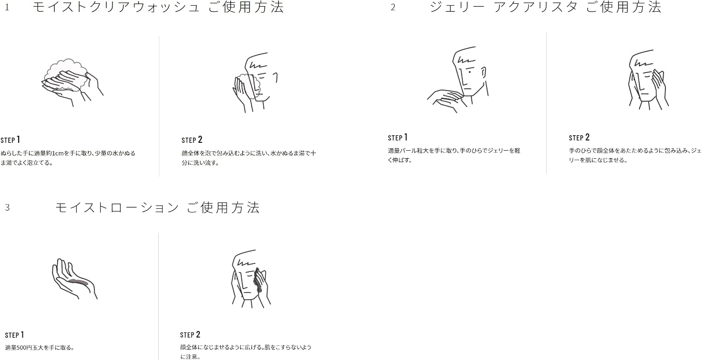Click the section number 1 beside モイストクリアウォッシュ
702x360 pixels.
pyautogui.click(x=7, y=7)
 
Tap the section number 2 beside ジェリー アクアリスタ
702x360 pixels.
pyautogui.click(x=393, y=7)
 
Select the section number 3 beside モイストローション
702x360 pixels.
pyautogui.click(x=7, y=207)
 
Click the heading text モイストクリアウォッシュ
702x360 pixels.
pyautogui.click(x=116, y=7)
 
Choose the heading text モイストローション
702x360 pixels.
pyautogui.click(x=117, y=207)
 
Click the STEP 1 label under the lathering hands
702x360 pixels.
pyautogui.click(x=10, y=140)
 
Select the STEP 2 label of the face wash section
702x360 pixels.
pyautogui.click(x=192, y=140)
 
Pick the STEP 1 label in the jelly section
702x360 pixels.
pyautogui.click(x=398, y=137)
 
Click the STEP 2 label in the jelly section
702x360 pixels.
pyautogui.click(x=579, y=137)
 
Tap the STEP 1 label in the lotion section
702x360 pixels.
pyautogui.click(x=15, y=335)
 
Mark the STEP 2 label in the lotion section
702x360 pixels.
pyautogui.click(x=190, y=335)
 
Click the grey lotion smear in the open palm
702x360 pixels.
pyautogui.click(x=78, y=282)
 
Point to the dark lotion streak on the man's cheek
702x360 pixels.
pyautogui.click(x=257, y=280)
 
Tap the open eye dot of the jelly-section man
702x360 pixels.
pyautogui.click(x=470, y=72)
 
